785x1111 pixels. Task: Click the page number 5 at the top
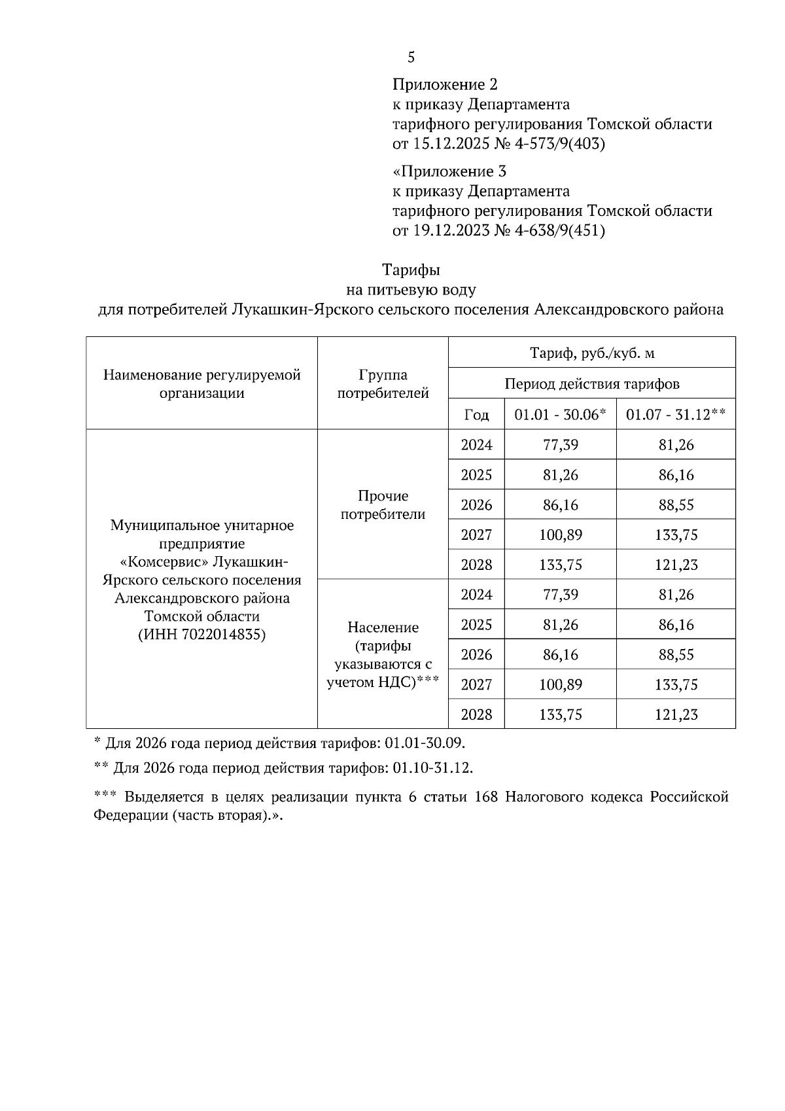(411, 58)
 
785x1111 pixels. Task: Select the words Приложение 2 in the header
(445, 84)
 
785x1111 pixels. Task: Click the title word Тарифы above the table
(411, 270)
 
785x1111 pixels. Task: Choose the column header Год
(476, 415)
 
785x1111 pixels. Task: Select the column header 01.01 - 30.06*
(560, 415)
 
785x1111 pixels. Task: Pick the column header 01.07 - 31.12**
(676, 415)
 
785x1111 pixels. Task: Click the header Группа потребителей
(383, 384)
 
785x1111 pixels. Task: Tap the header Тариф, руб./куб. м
(591, 353)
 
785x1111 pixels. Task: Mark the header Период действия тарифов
(591, 383)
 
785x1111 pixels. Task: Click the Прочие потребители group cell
(383, 505)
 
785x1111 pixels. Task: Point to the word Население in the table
(383, 627)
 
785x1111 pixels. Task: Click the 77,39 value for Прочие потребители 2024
(560, 445)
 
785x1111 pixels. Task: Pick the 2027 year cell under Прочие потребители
(476, 535)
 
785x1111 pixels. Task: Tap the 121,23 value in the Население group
(676, 714)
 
